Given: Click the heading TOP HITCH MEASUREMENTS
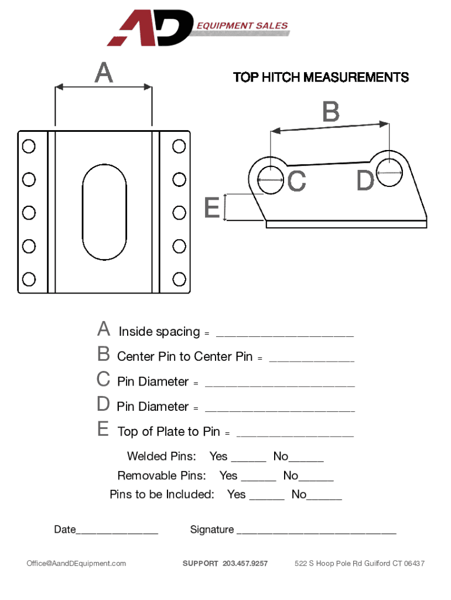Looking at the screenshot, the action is pyautogui.click(x=321, y=77).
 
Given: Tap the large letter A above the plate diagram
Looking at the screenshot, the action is pyautogui.click(x=104, y=72).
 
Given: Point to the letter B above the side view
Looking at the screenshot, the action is pyautogui.click(x=332, y=112).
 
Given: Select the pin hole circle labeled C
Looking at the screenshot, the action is pyautogui.click(x=271, y=180).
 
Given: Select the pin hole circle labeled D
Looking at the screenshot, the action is pyautogui.click(x=389, y=173).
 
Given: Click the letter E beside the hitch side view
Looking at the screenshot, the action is pyautogui.click(x=212, y=207).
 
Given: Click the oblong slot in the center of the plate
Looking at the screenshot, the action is pyautogui.click(x=104, y=212).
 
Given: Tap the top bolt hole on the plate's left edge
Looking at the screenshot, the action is pyautogui.click(x=29, y=146).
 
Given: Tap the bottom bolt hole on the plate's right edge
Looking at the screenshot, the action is pyautogui.click(x=179, y=279).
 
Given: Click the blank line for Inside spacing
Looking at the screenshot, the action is pyautogui.click(x=285, y=336).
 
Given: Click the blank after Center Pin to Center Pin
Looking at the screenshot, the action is pyautogui.click(x=312, y=361).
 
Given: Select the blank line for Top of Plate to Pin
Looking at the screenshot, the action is pyautogui.click(x=295, y=436).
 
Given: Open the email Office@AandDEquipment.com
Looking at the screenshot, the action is pyautogui.click(x=76, y=563).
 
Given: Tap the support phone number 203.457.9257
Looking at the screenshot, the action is pyautogui.click(x=245, y=563).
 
